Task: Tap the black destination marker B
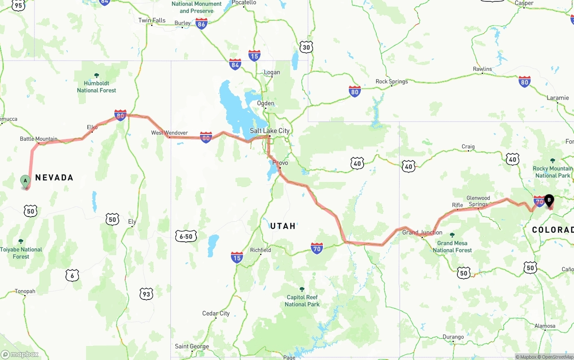click(x=549, y=200)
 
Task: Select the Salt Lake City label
click(x=270, y=131)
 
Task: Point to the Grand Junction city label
click(x=422, y=232)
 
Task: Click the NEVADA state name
click(x=54, y=178)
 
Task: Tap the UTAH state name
click(x=283, y=226)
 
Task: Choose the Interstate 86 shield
click(x=201, y=24)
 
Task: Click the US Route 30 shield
click(x=306, y=47)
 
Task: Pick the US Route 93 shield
click(x=146, y=294)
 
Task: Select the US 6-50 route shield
click(x=186, y=236)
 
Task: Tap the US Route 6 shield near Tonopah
click(x=72, y=275)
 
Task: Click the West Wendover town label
click(x=169, y=133)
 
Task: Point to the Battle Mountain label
click(x=39, y=139)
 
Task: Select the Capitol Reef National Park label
click(x=302, y=301)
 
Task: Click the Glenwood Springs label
click(x=478, y=201)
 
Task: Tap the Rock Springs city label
click(x=391, y=82)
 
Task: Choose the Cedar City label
click(x=216, y=313)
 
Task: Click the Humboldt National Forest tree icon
click(x=96, y=75)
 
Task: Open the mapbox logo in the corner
click(x=20, y=354)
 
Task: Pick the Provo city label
click(x=280, y=163)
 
